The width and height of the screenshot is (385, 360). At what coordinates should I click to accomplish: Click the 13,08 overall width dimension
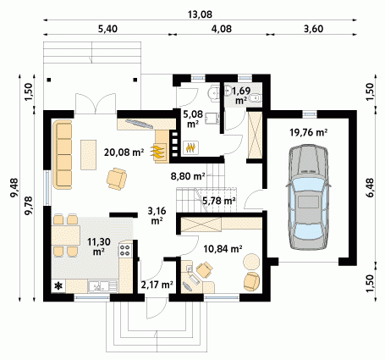tap(200, 14)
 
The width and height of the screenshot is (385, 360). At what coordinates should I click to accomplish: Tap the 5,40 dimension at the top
tap(107, 29)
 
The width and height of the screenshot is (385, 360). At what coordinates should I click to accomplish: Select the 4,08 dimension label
tap(222, 29)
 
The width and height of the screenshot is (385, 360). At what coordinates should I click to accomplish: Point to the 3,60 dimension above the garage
tap(313, 29)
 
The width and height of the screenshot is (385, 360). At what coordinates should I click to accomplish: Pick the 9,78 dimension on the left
tap(29, 206)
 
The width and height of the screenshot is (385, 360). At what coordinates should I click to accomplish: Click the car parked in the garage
tap(308, 197)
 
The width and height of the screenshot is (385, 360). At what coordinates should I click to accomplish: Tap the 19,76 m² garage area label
tap(309, 132)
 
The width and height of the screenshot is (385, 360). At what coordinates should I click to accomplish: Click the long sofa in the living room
tap(62, 154)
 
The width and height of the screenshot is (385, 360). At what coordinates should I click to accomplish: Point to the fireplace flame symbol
tap(158, 152)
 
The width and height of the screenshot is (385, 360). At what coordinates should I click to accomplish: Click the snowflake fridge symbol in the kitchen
tap(58, 286)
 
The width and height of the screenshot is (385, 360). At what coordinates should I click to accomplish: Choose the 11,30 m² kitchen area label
tap(98, 246)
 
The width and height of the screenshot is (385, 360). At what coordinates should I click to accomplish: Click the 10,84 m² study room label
tap(223, 249)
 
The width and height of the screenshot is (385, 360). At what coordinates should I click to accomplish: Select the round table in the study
tap(251, 262)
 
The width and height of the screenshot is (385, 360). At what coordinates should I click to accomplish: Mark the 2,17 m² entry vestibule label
tap(157, 285)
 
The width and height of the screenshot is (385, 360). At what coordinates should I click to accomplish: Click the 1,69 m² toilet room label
tap(241, 95)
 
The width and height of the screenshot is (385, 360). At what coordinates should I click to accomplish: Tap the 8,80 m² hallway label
tap(188, 176)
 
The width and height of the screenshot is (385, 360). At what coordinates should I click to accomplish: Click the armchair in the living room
tap(117, 179)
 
